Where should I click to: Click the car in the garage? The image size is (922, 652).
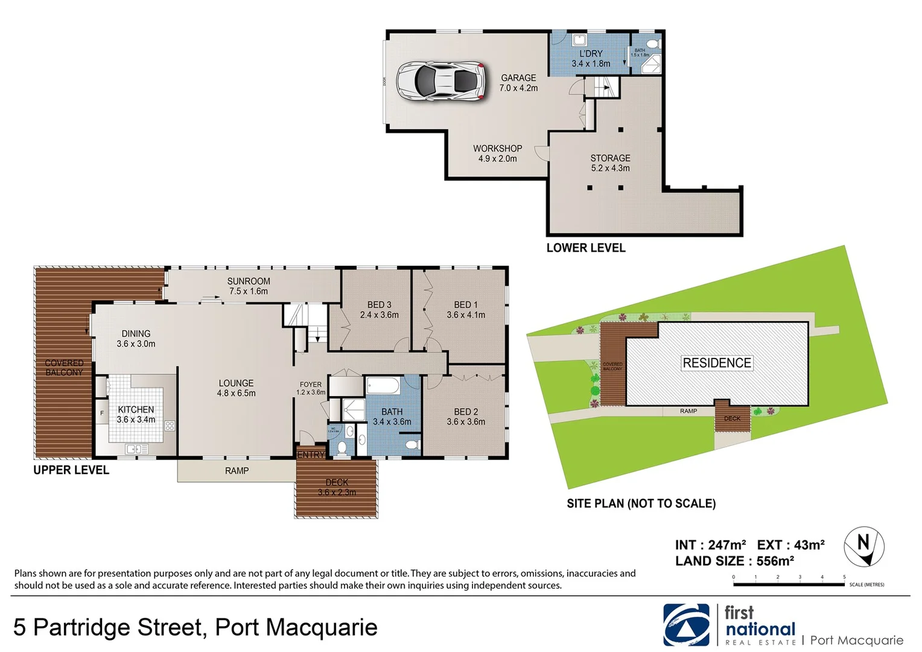pyautogui.click(x=441, y=80)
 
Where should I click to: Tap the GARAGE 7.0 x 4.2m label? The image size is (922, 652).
pyautogui.click(x=518, y=83)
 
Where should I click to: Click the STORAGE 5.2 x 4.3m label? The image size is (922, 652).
pyautogui.click(x=610, y=163)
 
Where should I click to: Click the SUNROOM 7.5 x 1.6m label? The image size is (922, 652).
pyautogui.click(x=249, y=286)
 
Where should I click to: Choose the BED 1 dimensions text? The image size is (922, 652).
pyautogui.click(x=466, y=315)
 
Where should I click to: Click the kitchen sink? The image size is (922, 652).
pyautogui.click(x=137, y=449)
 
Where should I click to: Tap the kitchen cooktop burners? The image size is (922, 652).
pyautogui.click(x=170, y=426)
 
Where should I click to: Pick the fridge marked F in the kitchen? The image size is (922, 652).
pyautogui.click(x=102, y=414)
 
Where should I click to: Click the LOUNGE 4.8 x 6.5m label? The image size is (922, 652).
pyautogui.click(x=236, y=388)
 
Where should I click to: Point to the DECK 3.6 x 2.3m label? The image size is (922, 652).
pyautogui.click(x=337, y=487)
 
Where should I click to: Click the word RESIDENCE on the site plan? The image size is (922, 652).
pyautogui.click(x=717, y=363)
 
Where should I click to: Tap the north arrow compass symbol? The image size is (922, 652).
pyautogui.click(x=863, y=546)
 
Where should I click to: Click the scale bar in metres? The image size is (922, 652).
pyautogui.click(x=789, y=584)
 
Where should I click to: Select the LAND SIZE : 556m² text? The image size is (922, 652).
pyautogui.click(x=734, y=561)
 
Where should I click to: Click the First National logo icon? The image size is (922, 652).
pyautogui.click(x=687, y=625)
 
